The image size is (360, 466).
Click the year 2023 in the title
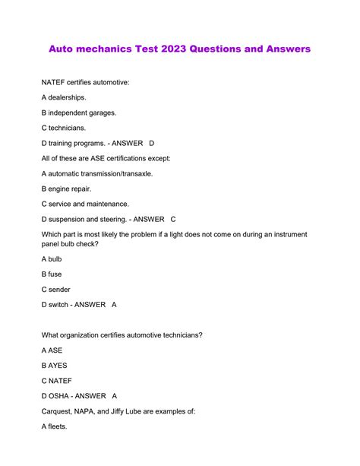[x=171, y=49]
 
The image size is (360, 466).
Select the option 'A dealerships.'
[x=65, y=97]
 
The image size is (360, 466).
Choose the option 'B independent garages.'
[x=79, y=113]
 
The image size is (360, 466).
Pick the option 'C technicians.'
[x=64, y=128]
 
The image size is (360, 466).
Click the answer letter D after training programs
[x=151, y=143]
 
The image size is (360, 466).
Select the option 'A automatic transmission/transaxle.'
[x=96, y=173]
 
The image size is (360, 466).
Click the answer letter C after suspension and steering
[x=173, y=219]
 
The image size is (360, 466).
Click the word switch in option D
[x=62, y=305]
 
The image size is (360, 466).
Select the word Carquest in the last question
[x=60, y=411]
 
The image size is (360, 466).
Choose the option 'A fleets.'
[x=55, y=426]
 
